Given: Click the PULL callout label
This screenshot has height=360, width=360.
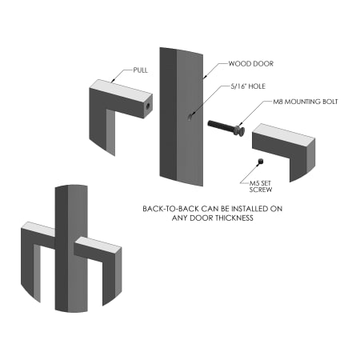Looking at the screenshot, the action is pyautogui.click(x=140, y=70).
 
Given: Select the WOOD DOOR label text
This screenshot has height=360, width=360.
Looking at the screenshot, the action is pyautogui.click(x=251, y=64).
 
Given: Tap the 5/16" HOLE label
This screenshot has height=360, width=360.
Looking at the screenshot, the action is pyautogui.click(x=248, y=86).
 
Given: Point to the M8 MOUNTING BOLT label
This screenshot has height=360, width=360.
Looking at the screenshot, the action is pyautogui.click(x=306, y=102).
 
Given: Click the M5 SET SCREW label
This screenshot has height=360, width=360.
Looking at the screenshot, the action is pyautogui.click(x=261, y=186).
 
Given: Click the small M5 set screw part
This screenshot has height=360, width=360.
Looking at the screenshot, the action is pyautogui.click(x=261, y=161).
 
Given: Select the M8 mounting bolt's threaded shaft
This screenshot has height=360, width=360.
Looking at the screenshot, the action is pyautogui.click(x=221, y=126).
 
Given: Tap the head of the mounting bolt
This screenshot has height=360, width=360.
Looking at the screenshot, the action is pyautogui.click(x=240, y=130).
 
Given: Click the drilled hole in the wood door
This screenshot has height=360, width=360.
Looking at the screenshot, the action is pyautogui.click(x=190, y=117).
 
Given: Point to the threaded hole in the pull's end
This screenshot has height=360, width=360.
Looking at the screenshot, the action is pyautogui.click(x=147, y=106).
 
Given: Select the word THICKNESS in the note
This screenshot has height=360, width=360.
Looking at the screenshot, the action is pyautogui.click(x=234, y=218).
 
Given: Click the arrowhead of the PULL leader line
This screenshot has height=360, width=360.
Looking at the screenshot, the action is pyautogui.click(x=113, y=80).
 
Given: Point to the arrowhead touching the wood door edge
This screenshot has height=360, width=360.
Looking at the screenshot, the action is pyautogui.click(x=205, y=77).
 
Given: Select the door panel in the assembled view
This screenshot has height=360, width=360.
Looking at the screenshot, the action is pyautogui.click(x=71, y=249).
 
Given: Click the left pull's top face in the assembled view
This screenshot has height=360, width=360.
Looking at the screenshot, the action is pyautogui.click(x=38, y=229).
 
